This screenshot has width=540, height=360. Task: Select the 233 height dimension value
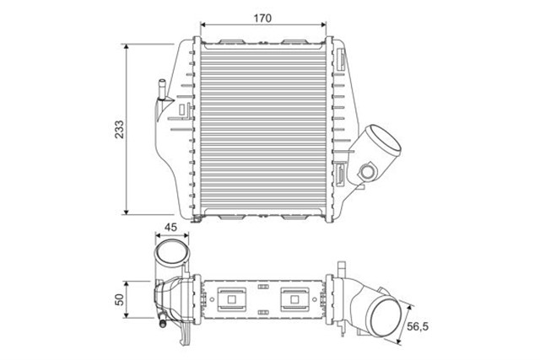pos(119,128)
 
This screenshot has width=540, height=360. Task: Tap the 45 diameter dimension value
pos(170,227)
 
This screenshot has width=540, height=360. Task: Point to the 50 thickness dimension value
pos(119,298)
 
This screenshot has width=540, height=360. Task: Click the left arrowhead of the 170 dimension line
pos(199,27)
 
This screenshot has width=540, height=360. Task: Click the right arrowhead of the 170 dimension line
pos(327,27)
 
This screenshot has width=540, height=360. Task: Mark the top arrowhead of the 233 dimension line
pos(127,48)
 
